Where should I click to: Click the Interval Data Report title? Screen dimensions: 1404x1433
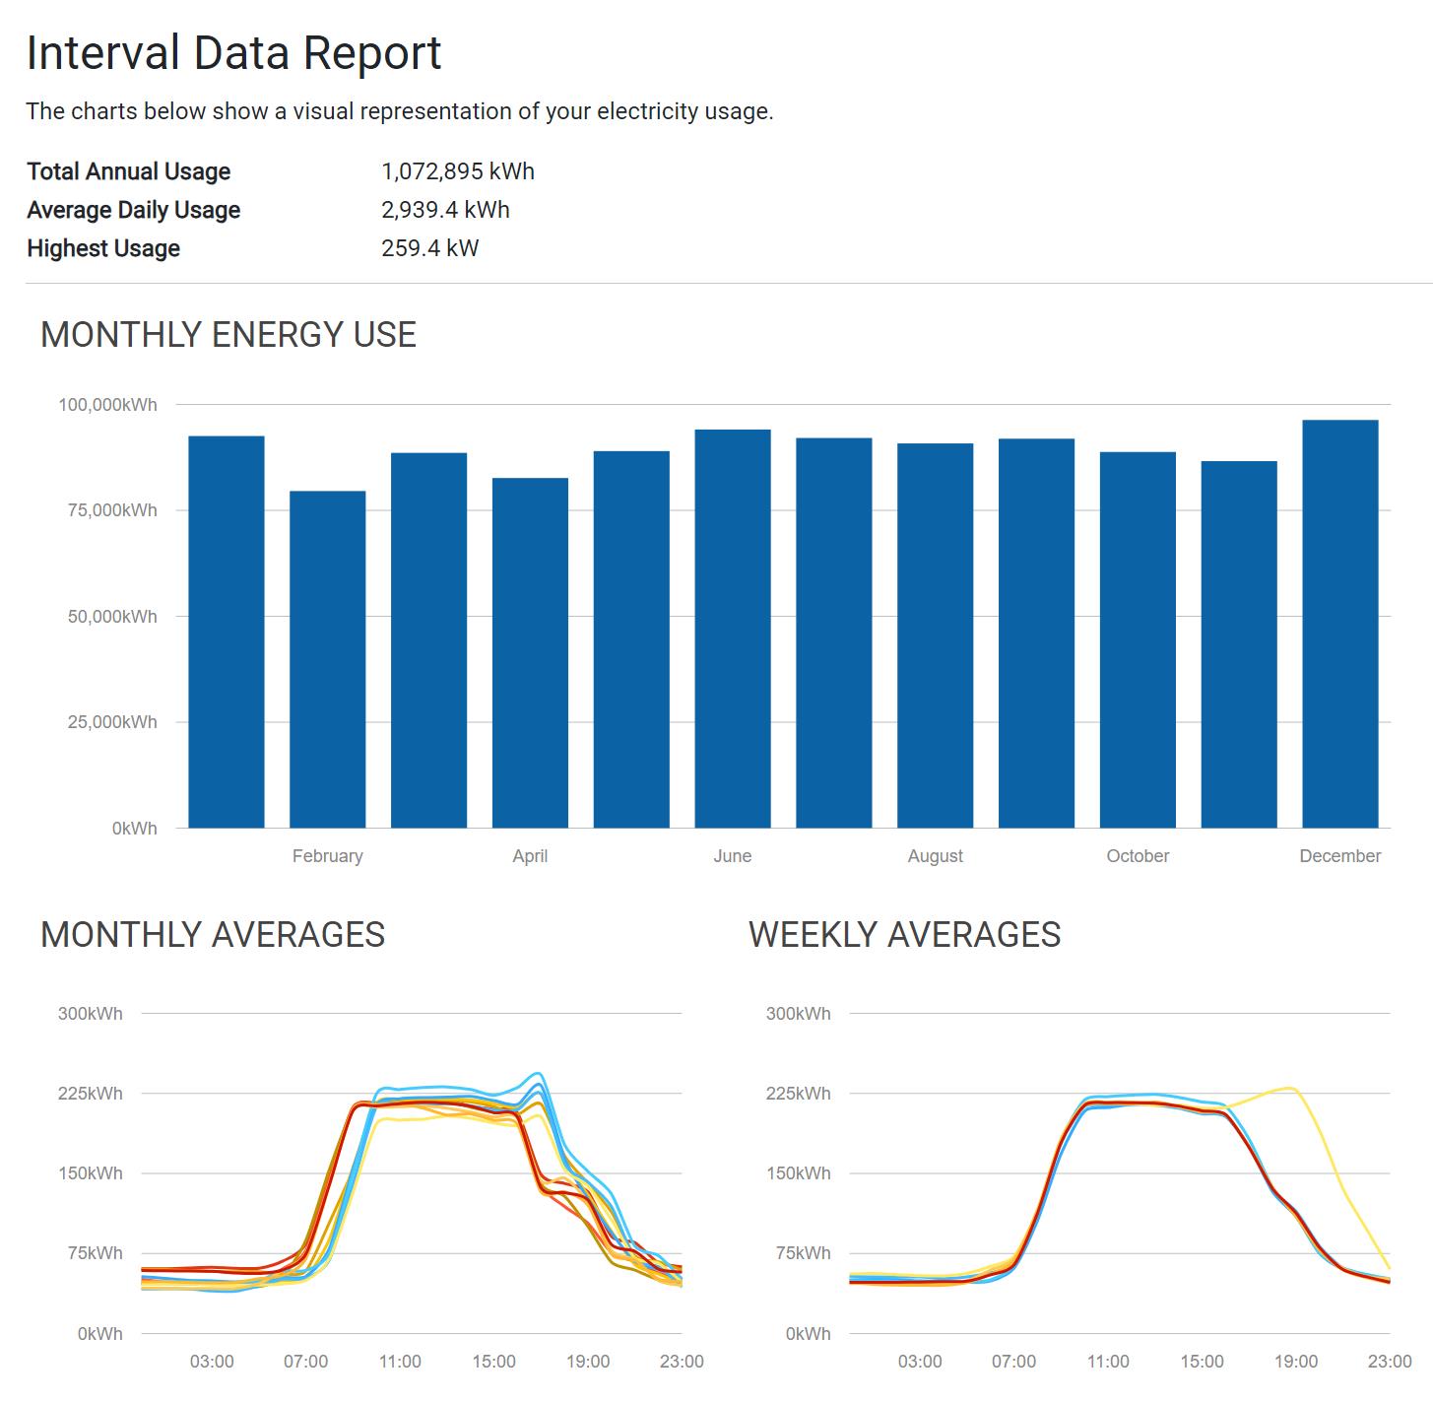click(x=233, y=53)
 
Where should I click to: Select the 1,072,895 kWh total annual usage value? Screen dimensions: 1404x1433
click(x=457, y=171)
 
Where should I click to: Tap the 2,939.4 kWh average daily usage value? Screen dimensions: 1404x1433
click(x=445, y=210)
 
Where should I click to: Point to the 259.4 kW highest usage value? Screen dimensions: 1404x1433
click(x=429, y=248)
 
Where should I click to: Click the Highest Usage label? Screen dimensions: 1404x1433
click(x=103, y=248)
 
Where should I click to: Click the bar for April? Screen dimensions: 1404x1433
click(x=530, y=652)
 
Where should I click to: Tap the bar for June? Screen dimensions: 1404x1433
click(x=733, y=628)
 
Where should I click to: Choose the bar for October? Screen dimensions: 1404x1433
click(x=1138, y=639)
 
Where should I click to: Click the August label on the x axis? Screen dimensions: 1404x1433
click(x=935, y=856)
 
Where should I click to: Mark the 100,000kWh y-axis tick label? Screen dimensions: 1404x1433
click(x=107, y=405)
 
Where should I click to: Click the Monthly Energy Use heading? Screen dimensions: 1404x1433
click(x=228, y=335)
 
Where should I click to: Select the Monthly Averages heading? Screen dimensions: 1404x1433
click(x=213, y=934)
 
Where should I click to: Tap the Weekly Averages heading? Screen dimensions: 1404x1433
click(x=904, y=934)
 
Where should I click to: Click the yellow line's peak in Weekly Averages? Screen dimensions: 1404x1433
click(x=1288, y=1088)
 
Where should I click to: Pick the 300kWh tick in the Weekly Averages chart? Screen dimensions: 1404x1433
click(x=798, y=1014)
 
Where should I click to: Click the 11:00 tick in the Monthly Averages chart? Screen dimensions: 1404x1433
click(x=400, y=1362)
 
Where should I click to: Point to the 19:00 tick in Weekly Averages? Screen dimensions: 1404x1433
click(x=1295, y=1362)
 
